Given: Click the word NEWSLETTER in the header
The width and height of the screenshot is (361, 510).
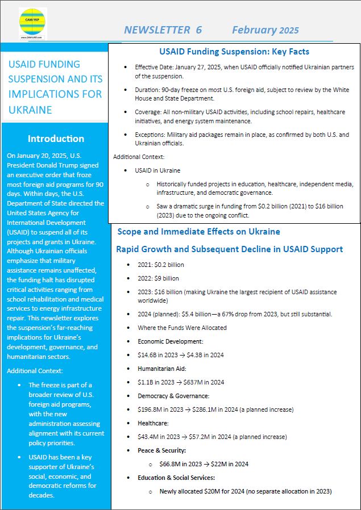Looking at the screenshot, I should (x=157, y=30).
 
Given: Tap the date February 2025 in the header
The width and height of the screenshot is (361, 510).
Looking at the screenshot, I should (x=265, y=30).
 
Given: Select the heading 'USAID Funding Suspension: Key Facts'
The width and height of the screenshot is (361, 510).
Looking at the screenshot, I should (x=234, y=52).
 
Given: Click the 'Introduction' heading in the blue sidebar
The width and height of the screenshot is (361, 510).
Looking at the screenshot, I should (x=56, y=139).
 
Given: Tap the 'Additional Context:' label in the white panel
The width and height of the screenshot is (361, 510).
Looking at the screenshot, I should (x=139, y=157).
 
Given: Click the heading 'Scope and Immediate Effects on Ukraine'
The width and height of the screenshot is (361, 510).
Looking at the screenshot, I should (x=198, y=232).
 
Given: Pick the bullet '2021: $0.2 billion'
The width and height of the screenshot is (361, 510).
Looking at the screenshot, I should (x=161, y=265).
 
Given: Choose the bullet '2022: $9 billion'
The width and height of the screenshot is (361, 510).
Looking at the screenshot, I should (x=158, y=278).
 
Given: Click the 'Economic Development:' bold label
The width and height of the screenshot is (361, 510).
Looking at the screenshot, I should (x=171, y=341).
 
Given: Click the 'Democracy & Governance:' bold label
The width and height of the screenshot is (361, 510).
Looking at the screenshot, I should (x=173, y=396).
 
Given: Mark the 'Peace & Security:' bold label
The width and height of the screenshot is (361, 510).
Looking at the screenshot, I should (x=162, y=450).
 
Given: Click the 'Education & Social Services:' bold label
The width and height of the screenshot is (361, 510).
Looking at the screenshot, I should (x=176, y=478).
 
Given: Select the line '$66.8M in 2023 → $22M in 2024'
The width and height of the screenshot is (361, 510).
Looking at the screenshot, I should (x=204, y=464).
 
